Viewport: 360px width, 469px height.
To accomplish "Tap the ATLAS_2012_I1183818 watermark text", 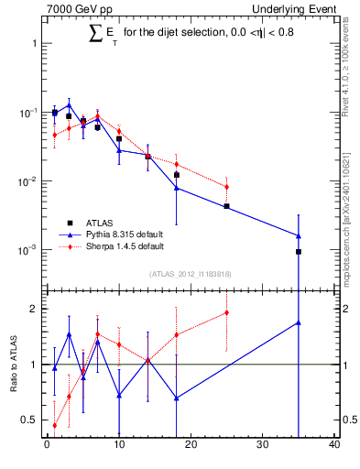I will point(191,274).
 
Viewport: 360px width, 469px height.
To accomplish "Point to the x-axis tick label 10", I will point(119,446).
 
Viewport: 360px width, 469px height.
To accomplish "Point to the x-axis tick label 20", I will point(191,446).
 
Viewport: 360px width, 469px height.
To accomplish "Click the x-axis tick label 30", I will point(263,446).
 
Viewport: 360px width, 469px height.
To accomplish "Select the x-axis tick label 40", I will point(334,446).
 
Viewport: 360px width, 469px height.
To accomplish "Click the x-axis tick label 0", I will point(47,446).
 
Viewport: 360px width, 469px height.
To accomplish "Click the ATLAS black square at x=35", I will point(299,251).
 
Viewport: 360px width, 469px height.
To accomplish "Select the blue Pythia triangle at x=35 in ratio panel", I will point(299,322).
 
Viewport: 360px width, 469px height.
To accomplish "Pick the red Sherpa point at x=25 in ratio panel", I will point(226,312).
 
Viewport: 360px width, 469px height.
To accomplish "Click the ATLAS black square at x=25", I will point(226,206).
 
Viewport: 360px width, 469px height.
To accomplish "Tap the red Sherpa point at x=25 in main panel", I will point(226,187).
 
